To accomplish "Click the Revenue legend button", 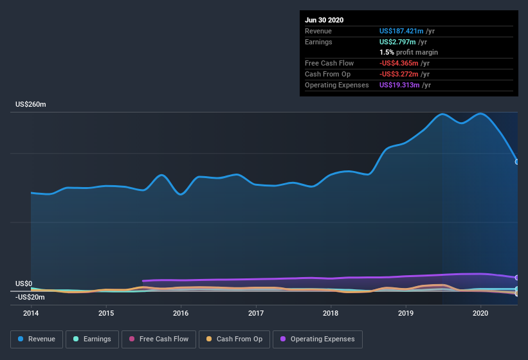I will point(36,339).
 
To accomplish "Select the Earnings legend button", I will point(91,339).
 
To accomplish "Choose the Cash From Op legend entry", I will point(234,339).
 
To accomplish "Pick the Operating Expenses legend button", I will point(318,339).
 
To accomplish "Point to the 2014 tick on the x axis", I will point(31,313).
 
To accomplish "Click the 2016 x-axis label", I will point(181,313).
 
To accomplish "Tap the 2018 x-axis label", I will point(331,313).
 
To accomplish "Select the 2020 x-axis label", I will point(480,313).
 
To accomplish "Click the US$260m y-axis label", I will point(32,104).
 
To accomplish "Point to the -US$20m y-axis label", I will point(30,297).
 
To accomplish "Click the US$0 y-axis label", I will point(24,283).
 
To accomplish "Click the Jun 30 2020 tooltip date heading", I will point(324,20).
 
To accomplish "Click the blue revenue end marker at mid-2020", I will point(517,161).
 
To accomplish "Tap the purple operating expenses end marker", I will point(517,278).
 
